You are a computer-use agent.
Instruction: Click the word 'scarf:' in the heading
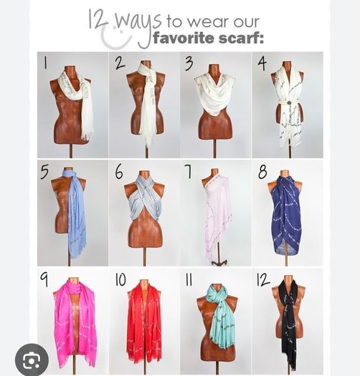click(240, 39)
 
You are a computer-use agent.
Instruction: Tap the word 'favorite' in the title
click(184, 39)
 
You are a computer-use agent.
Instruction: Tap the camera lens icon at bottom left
click(32, 360)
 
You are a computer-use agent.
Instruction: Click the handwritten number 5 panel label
click(44, 172)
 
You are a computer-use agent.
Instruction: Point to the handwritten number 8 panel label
click(262, 171)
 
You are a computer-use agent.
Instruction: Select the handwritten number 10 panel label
click(120, 279)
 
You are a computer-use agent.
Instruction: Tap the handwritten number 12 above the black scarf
click(263, 279)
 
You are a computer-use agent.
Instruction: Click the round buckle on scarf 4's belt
click(290, 104)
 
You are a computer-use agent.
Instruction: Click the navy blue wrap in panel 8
click(287, 216)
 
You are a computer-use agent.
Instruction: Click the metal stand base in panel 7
click(219, 262)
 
